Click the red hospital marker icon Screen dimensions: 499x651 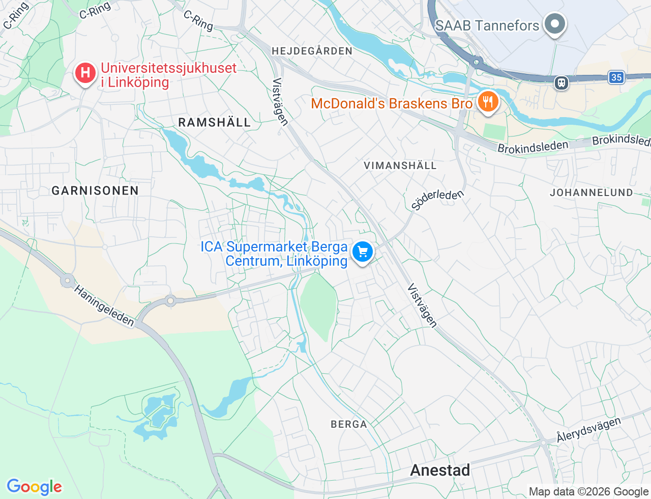pyautogui.click(x=85, y=73)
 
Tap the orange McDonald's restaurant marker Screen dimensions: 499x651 pyautogui.click(x=487, y=101)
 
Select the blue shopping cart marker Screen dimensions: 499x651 pyautogui.click(x=363, y=252)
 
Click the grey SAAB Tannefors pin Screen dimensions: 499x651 pyautogui.click(x=554, y=24)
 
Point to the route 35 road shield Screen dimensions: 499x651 pyautogui.click(x=616, y=77)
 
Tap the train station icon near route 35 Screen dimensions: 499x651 pyautogui.click(x=561, y=82)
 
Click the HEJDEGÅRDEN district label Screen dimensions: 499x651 pyautogui.click(x=312, y=51)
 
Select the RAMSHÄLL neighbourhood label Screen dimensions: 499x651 pyautogui.click(x=215, y=122)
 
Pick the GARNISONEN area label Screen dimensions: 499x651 pyautogui.click(x=95, y=190)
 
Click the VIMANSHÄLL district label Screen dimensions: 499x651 pyautogui.click(x=400, y=165)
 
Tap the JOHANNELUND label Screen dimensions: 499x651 pyautogui.click(x=591, y=192)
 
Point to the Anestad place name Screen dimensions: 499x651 pyautogui.click(x=440, y=470)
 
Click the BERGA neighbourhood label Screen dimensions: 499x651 pyautogui.click(x=348, y=424)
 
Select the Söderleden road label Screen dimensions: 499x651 pyautogui.click(x=437, y=200)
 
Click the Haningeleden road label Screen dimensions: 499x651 pyautogui.click(x=104, y=306)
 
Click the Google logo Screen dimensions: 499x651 pyautogui.click(x=34, y=487)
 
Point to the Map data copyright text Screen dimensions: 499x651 pyautogui.click(x=588, y=491)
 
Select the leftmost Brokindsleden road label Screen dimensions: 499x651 pyautogui.click(x=532, y=147)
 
